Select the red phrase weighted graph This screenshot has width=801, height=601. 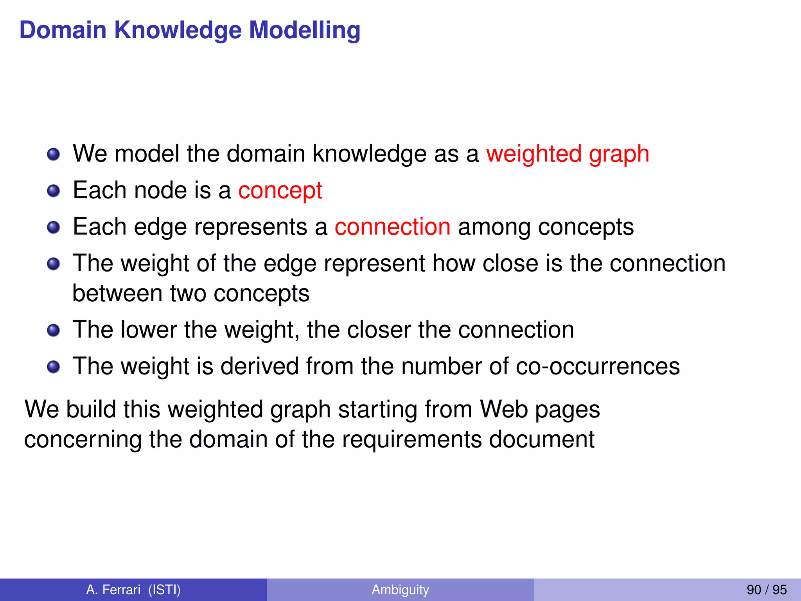(568, 153)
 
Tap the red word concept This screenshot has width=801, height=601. (280, 191)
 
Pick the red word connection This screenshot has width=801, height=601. (392, 227)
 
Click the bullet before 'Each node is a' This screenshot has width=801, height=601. (53, 191)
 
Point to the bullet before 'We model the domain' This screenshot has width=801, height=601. (53, 154)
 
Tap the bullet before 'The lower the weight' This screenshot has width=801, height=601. (53, 330)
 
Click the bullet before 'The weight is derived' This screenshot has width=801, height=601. (53, 367)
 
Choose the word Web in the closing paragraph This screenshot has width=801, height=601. (504, 409)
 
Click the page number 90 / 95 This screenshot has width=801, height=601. (767, 589)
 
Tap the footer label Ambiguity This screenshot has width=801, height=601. (400, 589)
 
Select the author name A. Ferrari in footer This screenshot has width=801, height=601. (113, 589)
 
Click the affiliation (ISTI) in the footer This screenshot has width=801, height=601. (164, 589)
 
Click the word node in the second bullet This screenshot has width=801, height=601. (160, 191)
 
